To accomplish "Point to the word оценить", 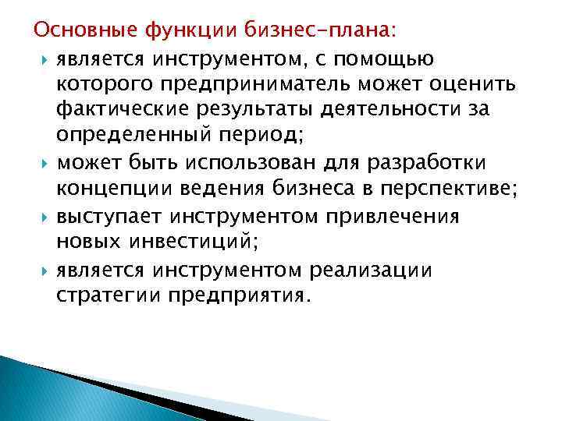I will tap(450, 83).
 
